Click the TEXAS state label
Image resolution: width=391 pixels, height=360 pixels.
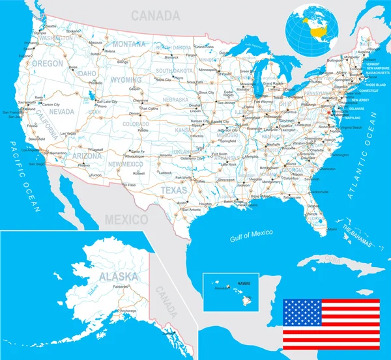pos(173,190)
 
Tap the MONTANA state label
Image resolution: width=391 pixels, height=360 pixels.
pos(130,44)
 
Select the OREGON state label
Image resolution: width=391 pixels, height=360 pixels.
pos(48,64)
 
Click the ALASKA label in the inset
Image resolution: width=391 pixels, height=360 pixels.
pos(118,276)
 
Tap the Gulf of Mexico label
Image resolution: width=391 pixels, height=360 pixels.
pos(252,234)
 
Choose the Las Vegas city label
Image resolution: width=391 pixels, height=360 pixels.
pos(68,133)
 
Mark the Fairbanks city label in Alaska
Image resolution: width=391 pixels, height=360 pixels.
pos(121,287)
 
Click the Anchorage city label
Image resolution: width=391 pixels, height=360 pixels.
pos(128,311)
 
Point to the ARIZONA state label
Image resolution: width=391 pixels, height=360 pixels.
pos(86,156)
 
